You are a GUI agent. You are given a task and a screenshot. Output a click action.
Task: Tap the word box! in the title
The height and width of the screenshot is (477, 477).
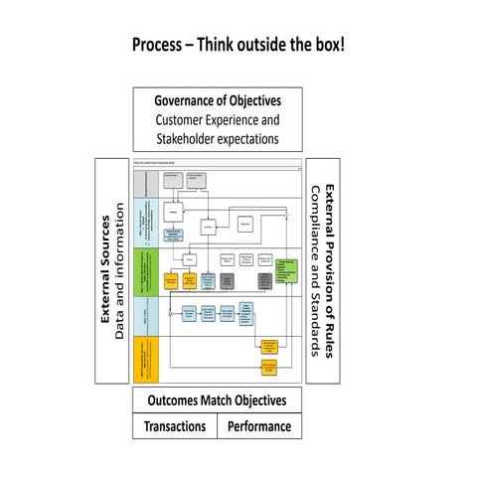pos(325,47)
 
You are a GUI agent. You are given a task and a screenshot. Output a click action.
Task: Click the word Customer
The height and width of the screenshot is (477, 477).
pos(182,119)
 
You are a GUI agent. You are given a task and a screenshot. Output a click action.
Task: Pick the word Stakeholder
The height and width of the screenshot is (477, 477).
pos(189,138)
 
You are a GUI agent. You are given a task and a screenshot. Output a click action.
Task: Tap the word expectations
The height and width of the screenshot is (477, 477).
pos(251,138)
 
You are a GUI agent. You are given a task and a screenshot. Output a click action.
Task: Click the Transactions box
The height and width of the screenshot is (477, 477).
pos(176,426)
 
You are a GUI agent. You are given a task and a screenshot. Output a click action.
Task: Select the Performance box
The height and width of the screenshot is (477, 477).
pos(259,426)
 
